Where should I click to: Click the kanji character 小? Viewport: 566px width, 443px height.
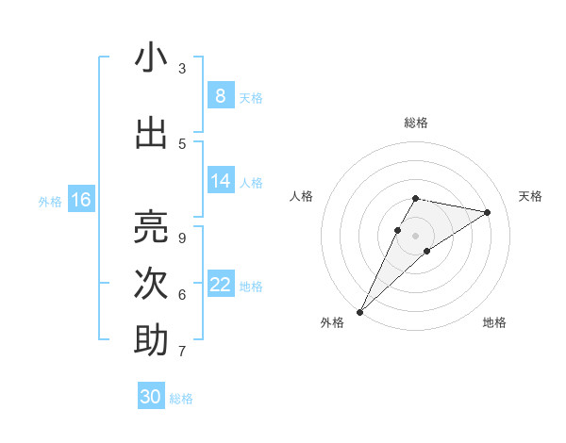point(151,58)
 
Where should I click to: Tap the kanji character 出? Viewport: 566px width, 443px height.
point(151,133)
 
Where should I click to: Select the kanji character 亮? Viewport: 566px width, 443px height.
point(151,227)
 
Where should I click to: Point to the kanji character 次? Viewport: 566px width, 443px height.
point(151,284)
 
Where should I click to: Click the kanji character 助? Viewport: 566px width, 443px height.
point(151,340)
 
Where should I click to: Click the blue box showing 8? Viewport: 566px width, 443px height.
point(220,96)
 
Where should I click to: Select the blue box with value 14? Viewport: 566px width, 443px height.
point(220,181)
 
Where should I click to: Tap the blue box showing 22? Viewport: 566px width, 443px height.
point(220,285)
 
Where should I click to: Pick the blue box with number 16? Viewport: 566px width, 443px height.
point(81,200)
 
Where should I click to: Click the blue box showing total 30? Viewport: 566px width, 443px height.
point(151,397)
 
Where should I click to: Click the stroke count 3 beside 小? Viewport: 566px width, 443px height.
point(182,68)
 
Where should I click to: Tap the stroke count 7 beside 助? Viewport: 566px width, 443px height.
point(182,351)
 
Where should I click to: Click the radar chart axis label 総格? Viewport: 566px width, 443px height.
point(415,123)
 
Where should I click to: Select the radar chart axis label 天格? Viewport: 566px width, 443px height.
point(531,196)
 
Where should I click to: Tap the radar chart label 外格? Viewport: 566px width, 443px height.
point(332,322)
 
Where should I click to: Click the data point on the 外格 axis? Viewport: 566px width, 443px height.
point(359,311)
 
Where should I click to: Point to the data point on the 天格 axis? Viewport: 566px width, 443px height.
point(488,212)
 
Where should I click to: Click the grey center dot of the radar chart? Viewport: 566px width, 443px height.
point(415,235)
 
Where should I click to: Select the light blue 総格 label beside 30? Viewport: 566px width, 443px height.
point(181,399)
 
